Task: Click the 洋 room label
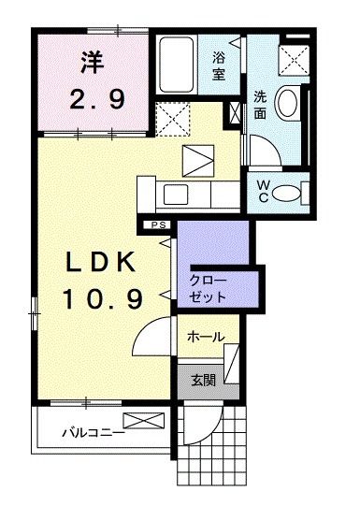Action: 93,62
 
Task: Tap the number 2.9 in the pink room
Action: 97,99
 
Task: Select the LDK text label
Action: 101,262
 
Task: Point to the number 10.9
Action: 104,298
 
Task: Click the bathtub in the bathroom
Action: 176,65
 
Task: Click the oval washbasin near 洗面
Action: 287,102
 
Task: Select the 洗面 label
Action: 260,105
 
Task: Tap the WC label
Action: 263,191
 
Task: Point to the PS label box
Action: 158,225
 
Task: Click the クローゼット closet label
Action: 208,288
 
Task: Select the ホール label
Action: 206,337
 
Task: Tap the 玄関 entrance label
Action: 204,380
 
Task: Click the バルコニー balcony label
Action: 94,432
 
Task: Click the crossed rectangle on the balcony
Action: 144,420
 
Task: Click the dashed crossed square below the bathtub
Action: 173,120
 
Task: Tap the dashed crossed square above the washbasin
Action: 294,61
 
